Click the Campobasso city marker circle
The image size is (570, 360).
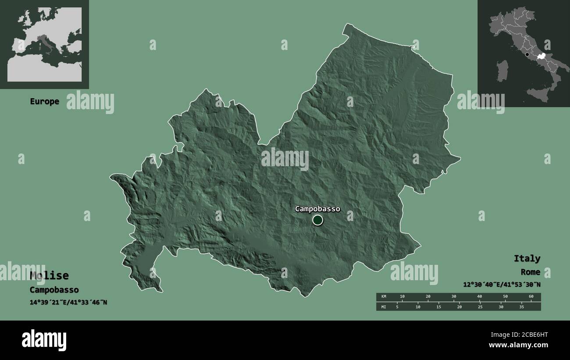(318, 220)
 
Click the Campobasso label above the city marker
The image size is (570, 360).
(317, 209)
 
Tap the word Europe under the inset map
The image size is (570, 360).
(44, 101)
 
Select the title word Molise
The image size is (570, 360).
(49, 275)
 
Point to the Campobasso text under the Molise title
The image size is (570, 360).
(54, 290)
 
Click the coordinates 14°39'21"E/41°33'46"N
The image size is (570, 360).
(68, 302)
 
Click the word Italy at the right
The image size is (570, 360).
(527, 258)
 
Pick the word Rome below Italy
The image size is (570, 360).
(531, 272)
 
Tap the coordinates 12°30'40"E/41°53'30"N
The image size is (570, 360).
(502, 285)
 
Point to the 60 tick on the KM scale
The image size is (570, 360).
(531, 297)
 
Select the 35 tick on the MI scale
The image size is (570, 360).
(522, 307)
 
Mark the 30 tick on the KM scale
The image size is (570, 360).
(454, 297)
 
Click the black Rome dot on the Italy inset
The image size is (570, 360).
(527, 55)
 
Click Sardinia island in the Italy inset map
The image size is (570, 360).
(502, 71)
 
